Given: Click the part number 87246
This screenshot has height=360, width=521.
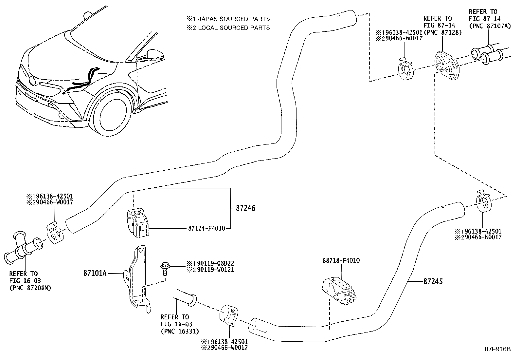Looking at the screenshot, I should (x=245, y=208).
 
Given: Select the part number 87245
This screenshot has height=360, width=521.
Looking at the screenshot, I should (x=433, y=281).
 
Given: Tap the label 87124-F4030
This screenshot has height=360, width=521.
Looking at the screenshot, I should (x=207, y=228).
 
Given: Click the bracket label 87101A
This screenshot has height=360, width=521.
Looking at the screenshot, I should (x=95, y=273).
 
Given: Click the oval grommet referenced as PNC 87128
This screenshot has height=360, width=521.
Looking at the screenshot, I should (x=446, y=67).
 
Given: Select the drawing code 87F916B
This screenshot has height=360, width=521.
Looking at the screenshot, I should (x=497, y=349).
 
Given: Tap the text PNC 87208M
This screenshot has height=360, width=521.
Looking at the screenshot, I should (x=30, y=288).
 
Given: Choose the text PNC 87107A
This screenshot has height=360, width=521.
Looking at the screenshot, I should (x=490, y=26).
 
